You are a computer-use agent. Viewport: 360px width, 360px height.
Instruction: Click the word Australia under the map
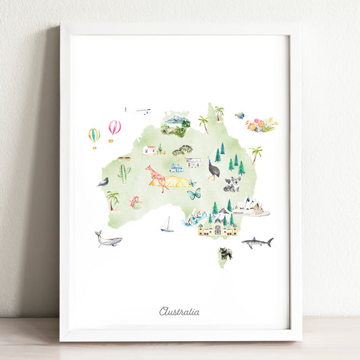coord(180,311)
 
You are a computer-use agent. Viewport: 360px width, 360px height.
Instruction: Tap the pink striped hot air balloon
coord(115,128)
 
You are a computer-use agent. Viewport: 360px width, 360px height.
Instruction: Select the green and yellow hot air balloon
coord(94,135)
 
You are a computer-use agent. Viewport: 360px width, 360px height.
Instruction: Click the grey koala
coord(232,184)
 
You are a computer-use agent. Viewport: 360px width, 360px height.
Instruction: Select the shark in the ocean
coord(257,242)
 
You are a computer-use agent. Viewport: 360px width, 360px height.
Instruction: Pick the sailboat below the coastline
coord(167,225)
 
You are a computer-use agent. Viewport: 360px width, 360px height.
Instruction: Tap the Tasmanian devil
coord(225,253)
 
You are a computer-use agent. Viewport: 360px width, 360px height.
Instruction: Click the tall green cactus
coord(124,174)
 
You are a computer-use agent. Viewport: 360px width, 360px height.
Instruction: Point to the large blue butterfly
coord(194,194)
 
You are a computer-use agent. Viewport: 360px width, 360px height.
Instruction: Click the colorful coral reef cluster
coord(261,125)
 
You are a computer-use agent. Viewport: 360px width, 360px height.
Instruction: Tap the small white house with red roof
coord(149,149)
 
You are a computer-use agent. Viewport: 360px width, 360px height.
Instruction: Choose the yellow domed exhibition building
coord(217,228)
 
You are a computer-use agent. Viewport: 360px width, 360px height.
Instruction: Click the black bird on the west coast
coord(103,182)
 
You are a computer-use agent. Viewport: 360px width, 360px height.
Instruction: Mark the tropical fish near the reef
coord(240,115)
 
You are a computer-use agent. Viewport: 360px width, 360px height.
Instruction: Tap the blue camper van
coord(176,168)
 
